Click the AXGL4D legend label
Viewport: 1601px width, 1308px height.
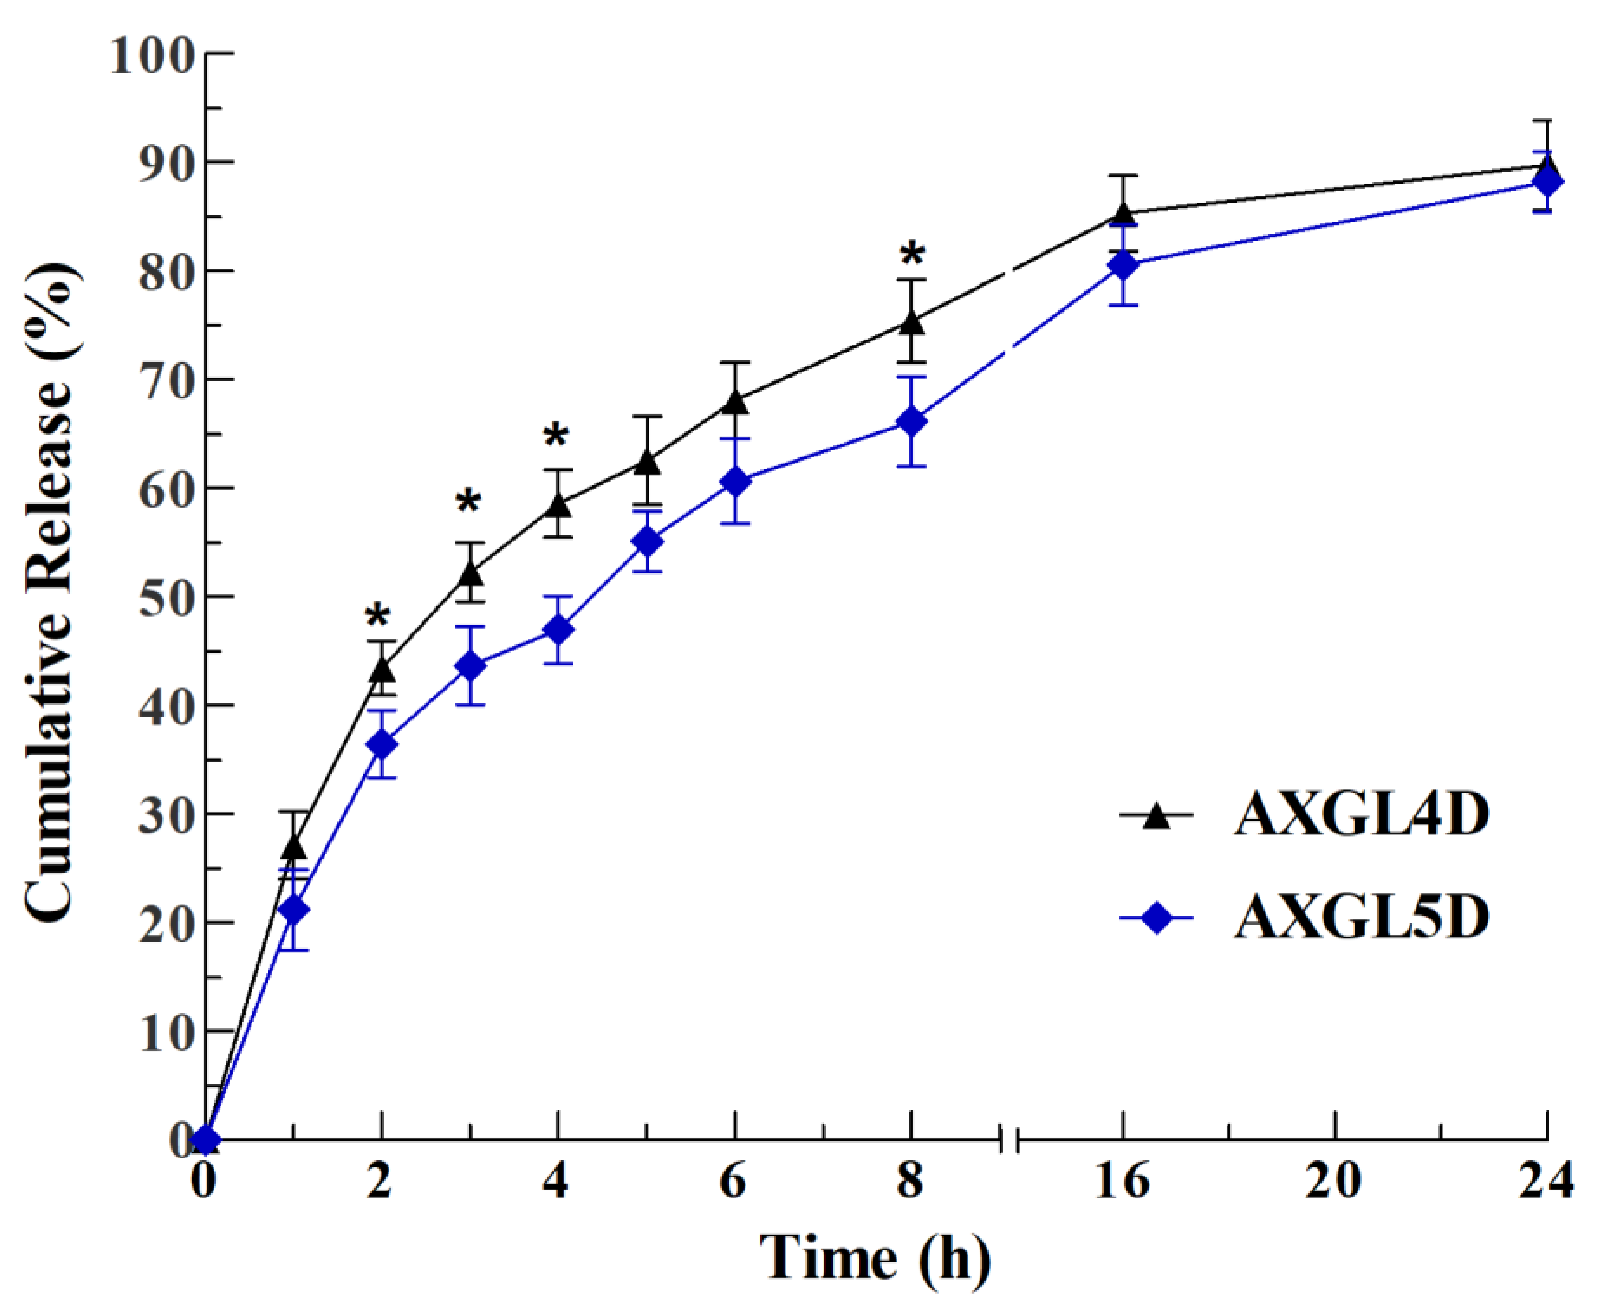point(1361,815)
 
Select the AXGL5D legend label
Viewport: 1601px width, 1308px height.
point(1361,918)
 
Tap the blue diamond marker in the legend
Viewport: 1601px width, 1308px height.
point(1156,918)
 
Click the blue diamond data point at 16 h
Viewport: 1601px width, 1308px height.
point(1123,265)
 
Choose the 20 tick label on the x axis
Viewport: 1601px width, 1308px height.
point(1333,1181)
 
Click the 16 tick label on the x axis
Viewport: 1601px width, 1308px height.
point(1123,1181)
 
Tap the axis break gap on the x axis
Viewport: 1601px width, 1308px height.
point(1009,1140)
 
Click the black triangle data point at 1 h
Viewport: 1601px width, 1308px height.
point(293,847)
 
